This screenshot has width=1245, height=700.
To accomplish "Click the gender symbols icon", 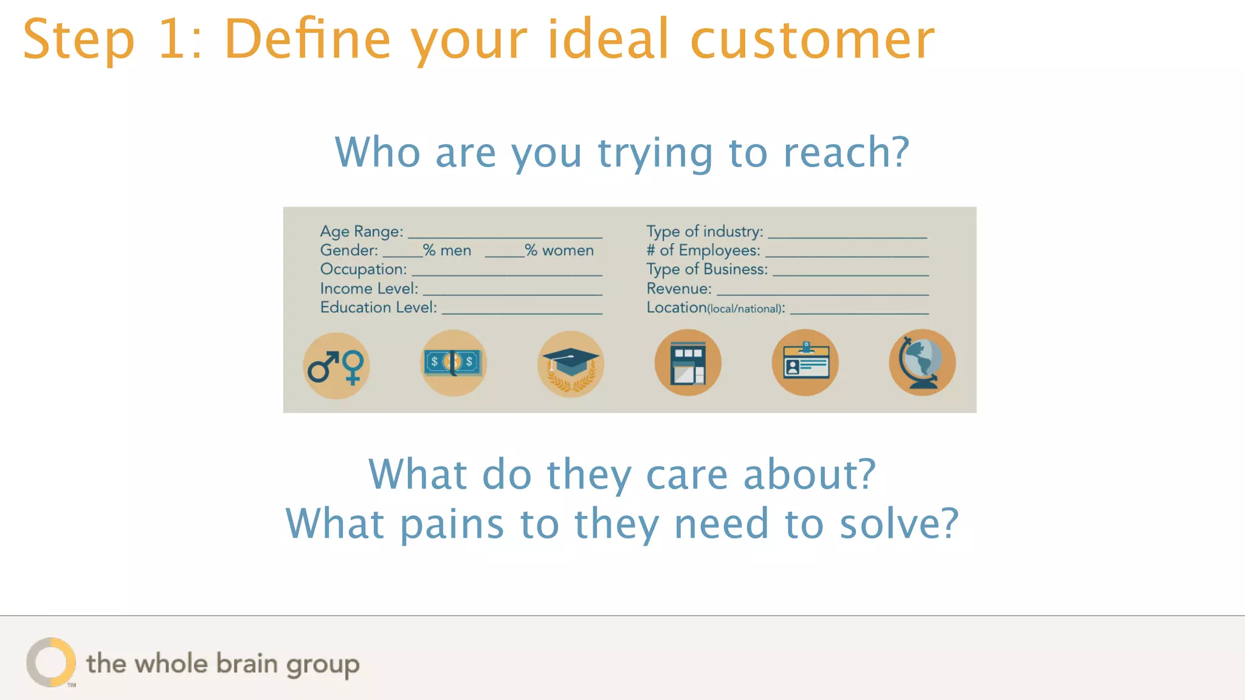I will point(336,366).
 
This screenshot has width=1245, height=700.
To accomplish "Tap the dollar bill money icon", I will point(453,363).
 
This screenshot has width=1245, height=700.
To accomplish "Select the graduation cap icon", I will point(570,364).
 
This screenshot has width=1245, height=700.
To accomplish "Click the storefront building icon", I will point(688,363).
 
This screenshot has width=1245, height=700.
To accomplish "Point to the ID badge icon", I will point(805,363).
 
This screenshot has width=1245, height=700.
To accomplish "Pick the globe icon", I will point(922,363).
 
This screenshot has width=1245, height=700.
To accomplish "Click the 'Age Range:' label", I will point(362,232).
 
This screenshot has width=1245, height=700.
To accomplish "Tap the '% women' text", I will point(559,250).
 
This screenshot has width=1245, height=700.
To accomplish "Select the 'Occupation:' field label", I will point(364,269).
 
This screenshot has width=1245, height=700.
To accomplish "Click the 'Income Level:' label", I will point(369,289).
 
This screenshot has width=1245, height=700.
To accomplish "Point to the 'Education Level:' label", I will point(378,307).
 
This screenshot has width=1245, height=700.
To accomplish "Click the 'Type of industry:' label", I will point(705,232).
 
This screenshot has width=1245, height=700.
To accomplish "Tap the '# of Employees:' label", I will point(703,250).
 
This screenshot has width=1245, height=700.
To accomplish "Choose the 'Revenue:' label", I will point(678,289).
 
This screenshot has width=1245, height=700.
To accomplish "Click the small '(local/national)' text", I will point(746,309).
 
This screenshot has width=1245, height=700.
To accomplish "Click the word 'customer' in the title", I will point(812,40).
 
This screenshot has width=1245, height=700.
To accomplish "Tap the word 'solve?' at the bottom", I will point(899,524).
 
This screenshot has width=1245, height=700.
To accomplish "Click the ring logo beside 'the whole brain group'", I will point(51,662).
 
